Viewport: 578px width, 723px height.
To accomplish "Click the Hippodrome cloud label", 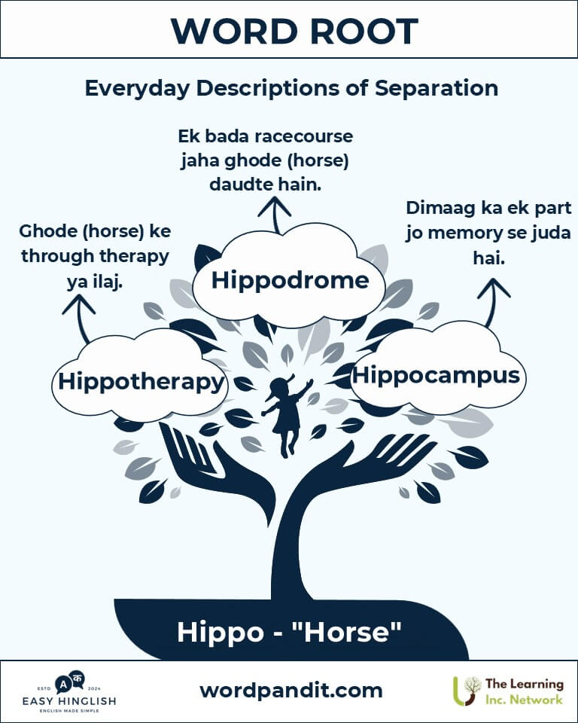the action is coord(290,280).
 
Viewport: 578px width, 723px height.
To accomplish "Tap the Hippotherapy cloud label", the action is coord(141,383).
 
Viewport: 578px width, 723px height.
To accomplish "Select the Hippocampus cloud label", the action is coord(436,376).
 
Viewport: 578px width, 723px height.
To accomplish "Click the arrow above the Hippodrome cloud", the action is coord(275,215).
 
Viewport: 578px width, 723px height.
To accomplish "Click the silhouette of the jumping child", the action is coord(287,416).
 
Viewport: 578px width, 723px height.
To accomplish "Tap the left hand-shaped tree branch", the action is coord(217,470).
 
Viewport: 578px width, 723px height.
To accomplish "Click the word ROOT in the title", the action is coord(364,32).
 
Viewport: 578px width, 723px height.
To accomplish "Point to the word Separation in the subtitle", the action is coord(437,89).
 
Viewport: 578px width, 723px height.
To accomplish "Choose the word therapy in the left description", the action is coord(134,257).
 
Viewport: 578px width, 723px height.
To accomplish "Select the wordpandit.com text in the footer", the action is coord(291,691).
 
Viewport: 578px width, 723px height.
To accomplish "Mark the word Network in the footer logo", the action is coord(537,700).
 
